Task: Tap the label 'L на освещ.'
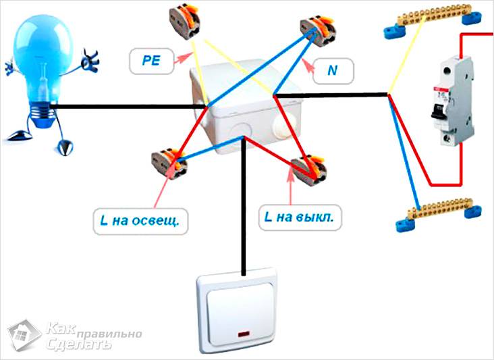pos(140,220)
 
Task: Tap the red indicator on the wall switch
pos(241,332)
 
